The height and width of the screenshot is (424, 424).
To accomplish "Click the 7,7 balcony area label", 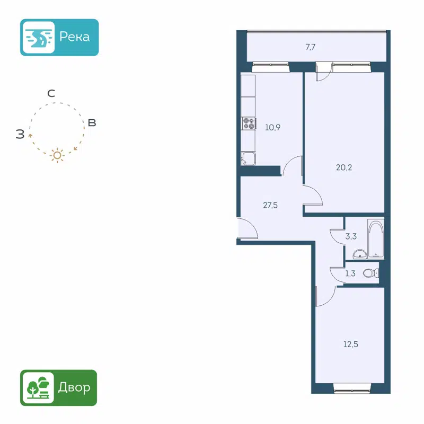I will tap(311, 47).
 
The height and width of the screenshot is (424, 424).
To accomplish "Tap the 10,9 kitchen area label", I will tap(272, 127).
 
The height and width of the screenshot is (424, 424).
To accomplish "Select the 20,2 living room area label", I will tap(344, 167).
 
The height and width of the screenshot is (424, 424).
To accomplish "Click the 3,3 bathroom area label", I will tap(350, 237).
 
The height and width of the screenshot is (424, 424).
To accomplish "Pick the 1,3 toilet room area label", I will tap(350, 273).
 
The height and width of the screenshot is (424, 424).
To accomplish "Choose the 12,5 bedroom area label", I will tap(351, 343).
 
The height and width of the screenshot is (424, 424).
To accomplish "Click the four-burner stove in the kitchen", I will tap(249, 123).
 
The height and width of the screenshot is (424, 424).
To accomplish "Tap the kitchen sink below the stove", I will tap(248, 159).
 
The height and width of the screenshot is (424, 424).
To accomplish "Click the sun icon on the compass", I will tap(57, 155).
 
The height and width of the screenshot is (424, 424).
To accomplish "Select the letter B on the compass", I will tap(92, 123).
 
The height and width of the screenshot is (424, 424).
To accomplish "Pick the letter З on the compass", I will tap(20, 134).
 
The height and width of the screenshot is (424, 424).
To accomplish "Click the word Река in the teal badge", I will tap(74, 37).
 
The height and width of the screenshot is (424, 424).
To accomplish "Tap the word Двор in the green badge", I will tap(75, 387).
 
